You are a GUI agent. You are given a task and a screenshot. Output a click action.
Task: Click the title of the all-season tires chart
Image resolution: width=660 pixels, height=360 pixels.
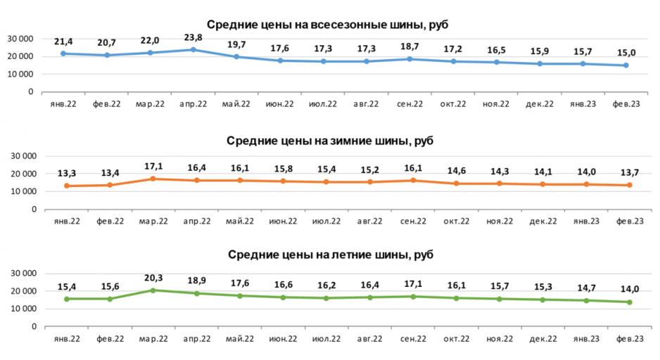pos(328,25)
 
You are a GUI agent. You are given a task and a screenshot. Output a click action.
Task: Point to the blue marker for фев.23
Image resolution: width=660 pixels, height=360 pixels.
pos(626,65)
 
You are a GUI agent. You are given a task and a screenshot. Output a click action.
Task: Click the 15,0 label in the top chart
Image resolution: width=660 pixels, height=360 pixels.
pos(626,51)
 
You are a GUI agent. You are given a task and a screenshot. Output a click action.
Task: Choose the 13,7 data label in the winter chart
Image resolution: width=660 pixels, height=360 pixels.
pos(626,173)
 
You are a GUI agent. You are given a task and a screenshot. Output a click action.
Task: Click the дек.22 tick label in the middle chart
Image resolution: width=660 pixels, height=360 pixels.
pos(539,221)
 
